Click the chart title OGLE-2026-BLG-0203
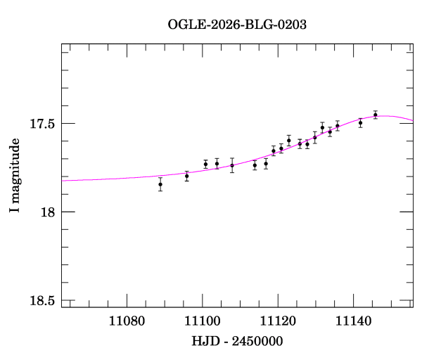pyautogui.click(x=237, y=25)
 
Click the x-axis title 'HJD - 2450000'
pyautogui.click(x=237, y=341)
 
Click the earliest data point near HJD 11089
pyautogui.click(x=160, y=184)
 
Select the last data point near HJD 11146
pyautogui.click(x=376, y=115)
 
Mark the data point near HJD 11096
pyautogui.click(x=186, y=176)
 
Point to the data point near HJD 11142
pyautogui.click(x=360, y=122)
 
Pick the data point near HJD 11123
pyautogui.click(x=288, y=140)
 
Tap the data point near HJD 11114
pyautogui.click(x=255, y=165)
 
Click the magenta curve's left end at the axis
pyautogui.click(x=63, y=181)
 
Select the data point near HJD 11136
pyautogui.click(x=338, y=126)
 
